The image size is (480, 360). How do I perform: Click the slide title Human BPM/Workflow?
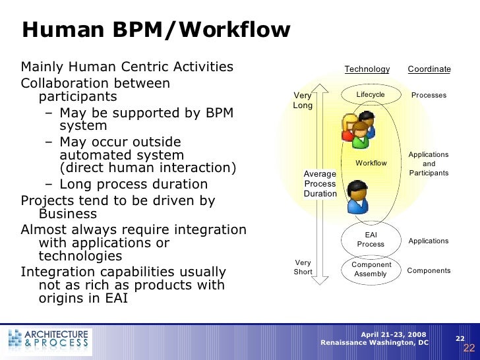(x=156, y=30)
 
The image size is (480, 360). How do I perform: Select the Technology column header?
(x=367, y=69)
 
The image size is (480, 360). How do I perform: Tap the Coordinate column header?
(x=429, y=69)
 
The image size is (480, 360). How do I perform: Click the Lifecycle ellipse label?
(x=371, y=95)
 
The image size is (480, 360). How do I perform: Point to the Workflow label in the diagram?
(x=371, y=163)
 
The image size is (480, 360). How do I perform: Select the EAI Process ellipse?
(x=371, y=239)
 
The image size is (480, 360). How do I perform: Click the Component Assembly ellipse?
(x=371, y=269)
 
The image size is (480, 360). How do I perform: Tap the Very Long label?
(x=303, y=100)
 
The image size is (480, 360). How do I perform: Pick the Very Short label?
(x=303, y=267)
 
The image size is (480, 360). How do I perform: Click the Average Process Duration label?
(x=320, y=183)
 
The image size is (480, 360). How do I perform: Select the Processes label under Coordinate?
(x=429, y=96)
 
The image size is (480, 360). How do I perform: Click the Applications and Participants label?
(x=429, y=164)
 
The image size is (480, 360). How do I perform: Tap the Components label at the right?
(x=429, y=270)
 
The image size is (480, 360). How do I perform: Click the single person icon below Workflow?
(x=358, y=196)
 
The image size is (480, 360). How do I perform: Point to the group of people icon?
(x=357, y=129)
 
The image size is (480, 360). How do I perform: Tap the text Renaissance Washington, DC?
(x=374, y=343)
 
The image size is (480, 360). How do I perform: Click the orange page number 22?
(x=469, y=348)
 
